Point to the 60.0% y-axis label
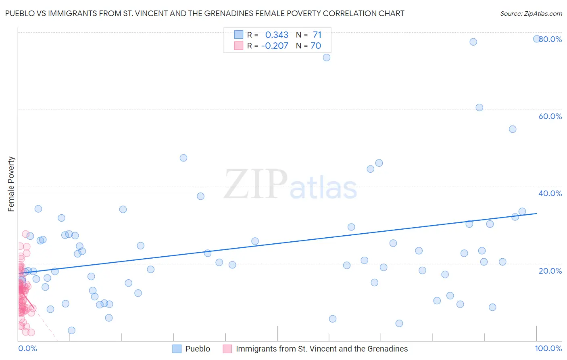pyautogui.click(x=550, y=116)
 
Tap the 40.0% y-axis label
pyautogui.click(x=550, y=193)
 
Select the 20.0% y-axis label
pyautogui.click(x=550, y=271)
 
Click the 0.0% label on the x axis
pyautogui.click(x=27, y=348)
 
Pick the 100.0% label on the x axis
pyautogui.click(x=548, y=348)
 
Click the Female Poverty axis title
pyautogui.click(x=11, y=184)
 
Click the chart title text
pyautogui.click(x=204, y=13)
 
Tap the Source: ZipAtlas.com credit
pyautogui.click(x=531, y=13)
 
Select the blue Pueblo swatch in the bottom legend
pyautogui.click(x=177, y=349)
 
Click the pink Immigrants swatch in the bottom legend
pyautogui.click(x=227, y=349)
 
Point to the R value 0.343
pyautogui.click(x=277, y=35)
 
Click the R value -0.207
pyautogui.click(x=275, y=46)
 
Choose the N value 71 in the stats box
pyautogui.click(x=317, y=35)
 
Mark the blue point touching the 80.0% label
pyautogui.click(x=537, y=39)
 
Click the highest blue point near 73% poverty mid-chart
pyautogui.click(x=327, y=57)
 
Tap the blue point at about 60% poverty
pyautogui.click(x=479, y=107)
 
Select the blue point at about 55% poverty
pyautogui.click(x=513, y=129)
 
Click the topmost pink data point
pyautogui.click(x=25, y=234)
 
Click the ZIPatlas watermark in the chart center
pyautogui.click(x=290, y=185)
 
